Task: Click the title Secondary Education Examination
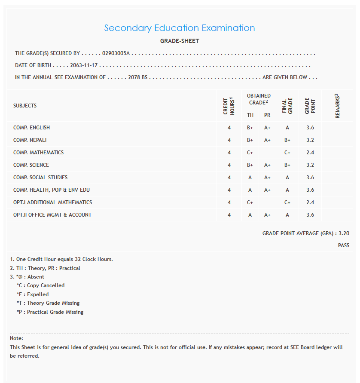pos(180,28)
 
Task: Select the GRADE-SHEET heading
pos(180,41)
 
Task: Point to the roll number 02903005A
pos(116,54)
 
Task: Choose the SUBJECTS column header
pos(25,106)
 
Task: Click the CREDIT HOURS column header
pos(229,106)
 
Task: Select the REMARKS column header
pos(338,106)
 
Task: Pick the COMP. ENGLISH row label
pos(31,128)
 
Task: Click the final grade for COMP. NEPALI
pos(287,140)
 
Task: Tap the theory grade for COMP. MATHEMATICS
pos(250,153)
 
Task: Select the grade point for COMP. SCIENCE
pos(310,165)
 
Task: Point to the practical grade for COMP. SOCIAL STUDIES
pos(267,178)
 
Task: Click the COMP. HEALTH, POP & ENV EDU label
pos(52,190)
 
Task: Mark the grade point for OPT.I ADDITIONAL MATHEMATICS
pos(310,202)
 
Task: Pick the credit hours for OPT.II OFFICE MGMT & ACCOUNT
pos(229,215)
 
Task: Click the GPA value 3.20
pos(344,233)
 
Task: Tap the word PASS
pos(343,245)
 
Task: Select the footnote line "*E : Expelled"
pos(33,294)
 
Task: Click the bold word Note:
pos(16,338)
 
